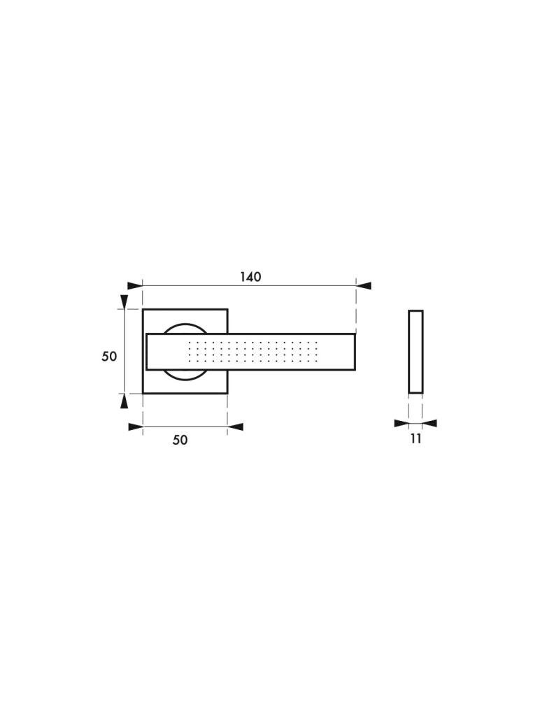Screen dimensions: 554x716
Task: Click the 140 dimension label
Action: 250,277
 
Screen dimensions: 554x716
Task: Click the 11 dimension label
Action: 415,438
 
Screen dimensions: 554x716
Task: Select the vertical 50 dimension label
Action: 109,356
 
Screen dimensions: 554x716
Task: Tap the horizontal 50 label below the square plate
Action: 180,440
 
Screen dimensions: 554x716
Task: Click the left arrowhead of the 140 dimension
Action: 135,286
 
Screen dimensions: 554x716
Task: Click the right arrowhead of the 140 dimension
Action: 364,286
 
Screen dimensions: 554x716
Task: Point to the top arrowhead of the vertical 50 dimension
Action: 124,302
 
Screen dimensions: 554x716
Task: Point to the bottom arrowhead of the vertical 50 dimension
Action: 124,401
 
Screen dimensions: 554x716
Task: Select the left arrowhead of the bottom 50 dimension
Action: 136,427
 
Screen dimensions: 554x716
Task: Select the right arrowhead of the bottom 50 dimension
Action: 235,427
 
